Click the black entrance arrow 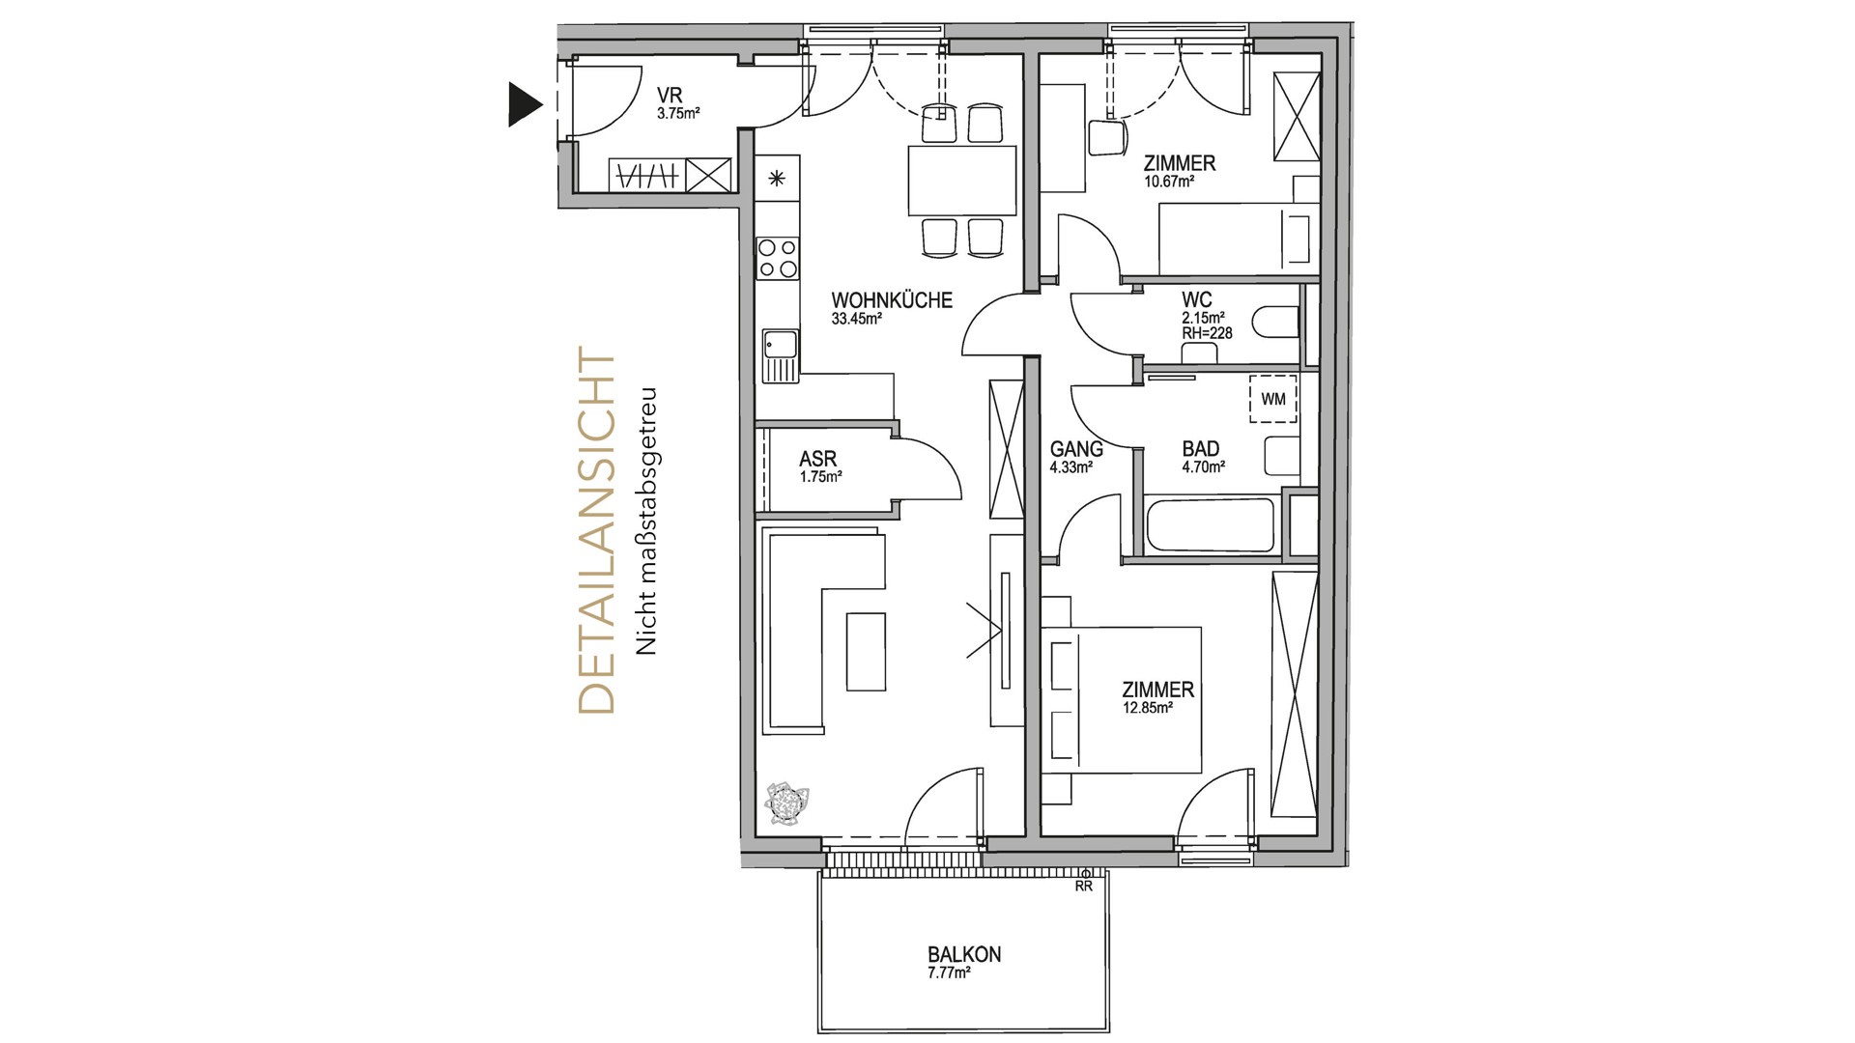click(524, 104)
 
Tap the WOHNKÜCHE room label click(892, 300)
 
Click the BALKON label click(964, 954)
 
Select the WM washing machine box click(1273, 399)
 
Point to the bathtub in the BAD click(1211, 525)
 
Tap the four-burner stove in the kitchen click(778, 258)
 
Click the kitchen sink click(779, 354)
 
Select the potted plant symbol click(786, 803)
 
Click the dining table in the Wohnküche click(962, 181)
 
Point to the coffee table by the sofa click(866, 652)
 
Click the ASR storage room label click(817, 459)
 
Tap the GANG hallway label click(1076, 449)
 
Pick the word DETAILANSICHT click(596, 531)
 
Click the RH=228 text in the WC click(1207, 334)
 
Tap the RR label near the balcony click(1084, 886)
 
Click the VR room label click(670, 96)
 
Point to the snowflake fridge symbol click(778, 178)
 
